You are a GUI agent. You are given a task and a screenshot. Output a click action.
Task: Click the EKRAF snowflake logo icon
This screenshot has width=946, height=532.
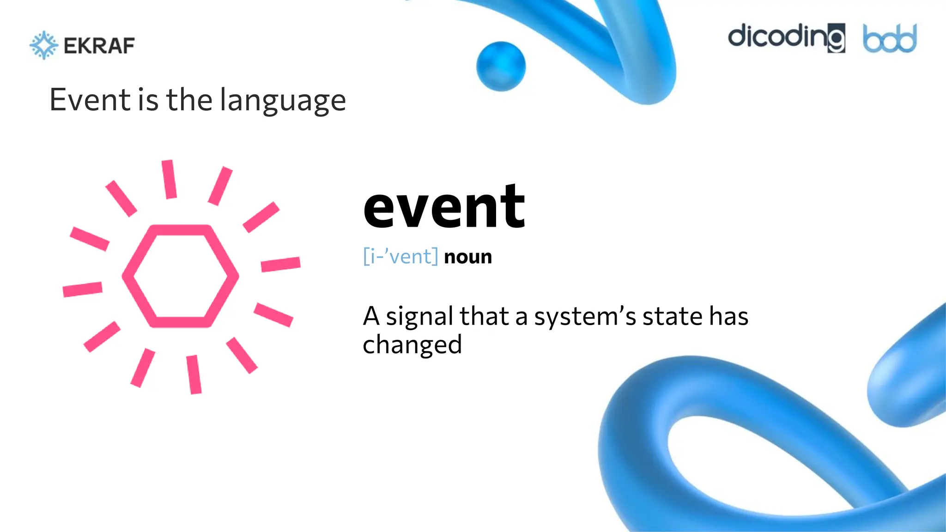[x=44, y=45]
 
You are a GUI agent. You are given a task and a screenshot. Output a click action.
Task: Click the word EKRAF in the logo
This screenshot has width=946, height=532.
[x=99, y=46]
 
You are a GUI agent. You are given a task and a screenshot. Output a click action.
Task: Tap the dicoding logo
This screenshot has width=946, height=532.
[x=786, y=37]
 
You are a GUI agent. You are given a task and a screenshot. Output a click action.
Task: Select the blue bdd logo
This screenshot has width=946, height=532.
[x=890, y=39]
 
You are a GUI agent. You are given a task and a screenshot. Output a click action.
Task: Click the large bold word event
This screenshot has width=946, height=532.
[x=444, y=206]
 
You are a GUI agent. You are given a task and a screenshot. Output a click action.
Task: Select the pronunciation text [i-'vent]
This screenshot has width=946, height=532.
[x=400, y=256]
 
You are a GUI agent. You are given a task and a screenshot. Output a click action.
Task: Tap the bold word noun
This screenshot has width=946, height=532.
[x=468, y=257]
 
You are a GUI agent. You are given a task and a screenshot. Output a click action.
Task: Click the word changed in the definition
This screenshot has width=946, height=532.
[x=412, y=345]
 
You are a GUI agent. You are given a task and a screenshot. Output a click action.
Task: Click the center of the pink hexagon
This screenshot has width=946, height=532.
[x=180, y=276]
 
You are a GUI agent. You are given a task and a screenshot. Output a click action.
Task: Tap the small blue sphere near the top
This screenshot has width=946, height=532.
[x=501, y=66]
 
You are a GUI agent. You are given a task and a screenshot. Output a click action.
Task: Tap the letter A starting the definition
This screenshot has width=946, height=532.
[x=371, y=317]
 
